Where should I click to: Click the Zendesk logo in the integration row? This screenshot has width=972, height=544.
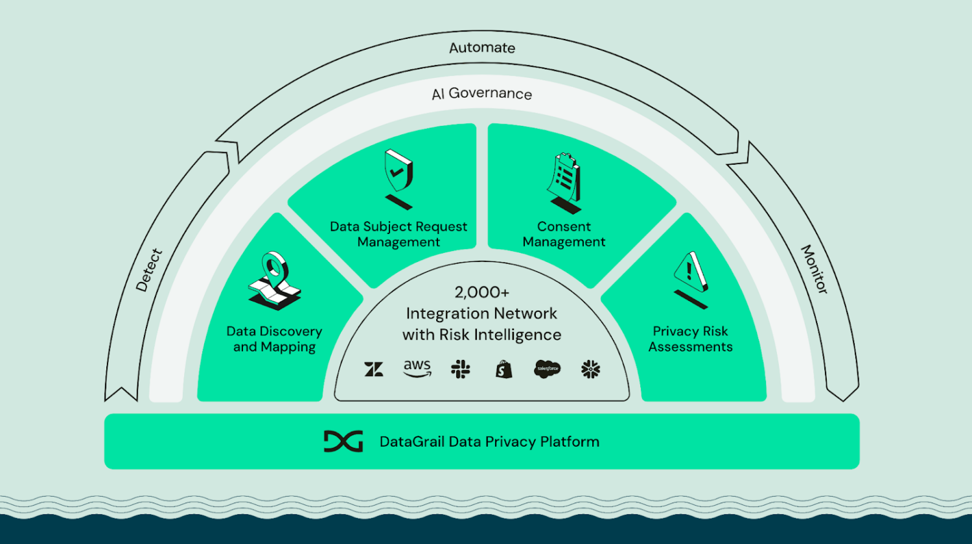(x=374, y=370)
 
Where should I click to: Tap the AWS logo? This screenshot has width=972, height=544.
(x=417, y=368)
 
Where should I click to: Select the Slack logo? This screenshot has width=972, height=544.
(x=461, y=370)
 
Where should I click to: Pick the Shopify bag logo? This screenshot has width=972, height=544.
(x=503, y=370)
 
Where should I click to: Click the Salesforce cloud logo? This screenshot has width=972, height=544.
(x=547, y=369)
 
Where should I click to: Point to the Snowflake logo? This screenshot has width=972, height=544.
(x=590, y=370)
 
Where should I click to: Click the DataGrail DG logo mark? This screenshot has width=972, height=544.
(x=343, y=442)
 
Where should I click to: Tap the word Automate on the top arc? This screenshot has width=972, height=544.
(x=482, y=48)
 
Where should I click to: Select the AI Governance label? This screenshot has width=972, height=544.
(x=481, y=94)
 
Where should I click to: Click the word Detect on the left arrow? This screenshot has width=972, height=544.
(x=149, y=270)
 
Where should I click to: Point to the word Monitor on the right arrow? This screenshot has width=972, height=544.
(x=815, y=269)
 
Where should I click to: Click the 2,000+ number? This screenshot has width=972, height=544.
(x=481, y=292)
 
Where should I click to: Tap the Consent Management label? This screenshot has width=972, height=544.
(x=564, y=234)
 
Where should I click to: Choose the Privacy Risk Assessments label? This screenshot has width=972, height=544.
(x=690, y=339)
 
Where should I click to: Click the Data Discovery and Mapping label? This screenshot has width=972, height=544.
(x=274, y=339)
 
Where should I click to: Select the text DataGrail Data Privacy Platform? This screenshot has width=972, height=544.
(x=489, y=442)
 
